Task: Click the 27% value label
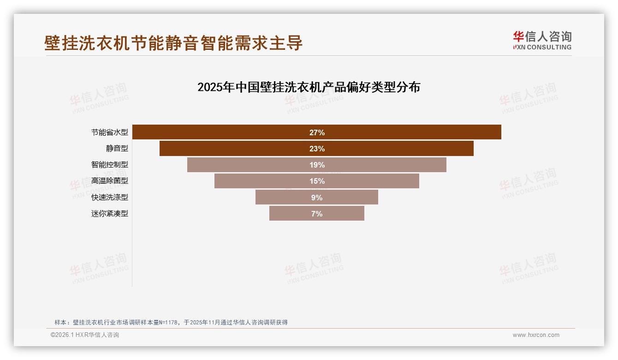click(317, 132)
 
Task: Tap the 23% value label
click(317, 149)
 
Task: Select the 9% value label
click(317, 198)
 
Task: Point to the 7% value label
click(317, 214)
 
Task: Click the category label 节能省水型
click(109, 132)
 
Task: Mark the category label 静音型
click(117, 149)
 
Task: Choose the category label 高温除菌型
click(109, 181)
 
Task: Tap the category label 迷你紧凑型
click(109, 214)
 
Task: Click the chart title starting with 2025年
click(309, 87)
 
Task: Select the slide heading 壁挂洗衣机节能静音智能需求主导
click(173, 43)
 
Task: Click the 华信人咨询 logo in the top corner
click(542, 40)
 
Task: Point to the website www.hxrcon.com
click(536, 335)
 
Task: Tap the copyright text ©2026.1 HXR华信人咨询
click(85, 335)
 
